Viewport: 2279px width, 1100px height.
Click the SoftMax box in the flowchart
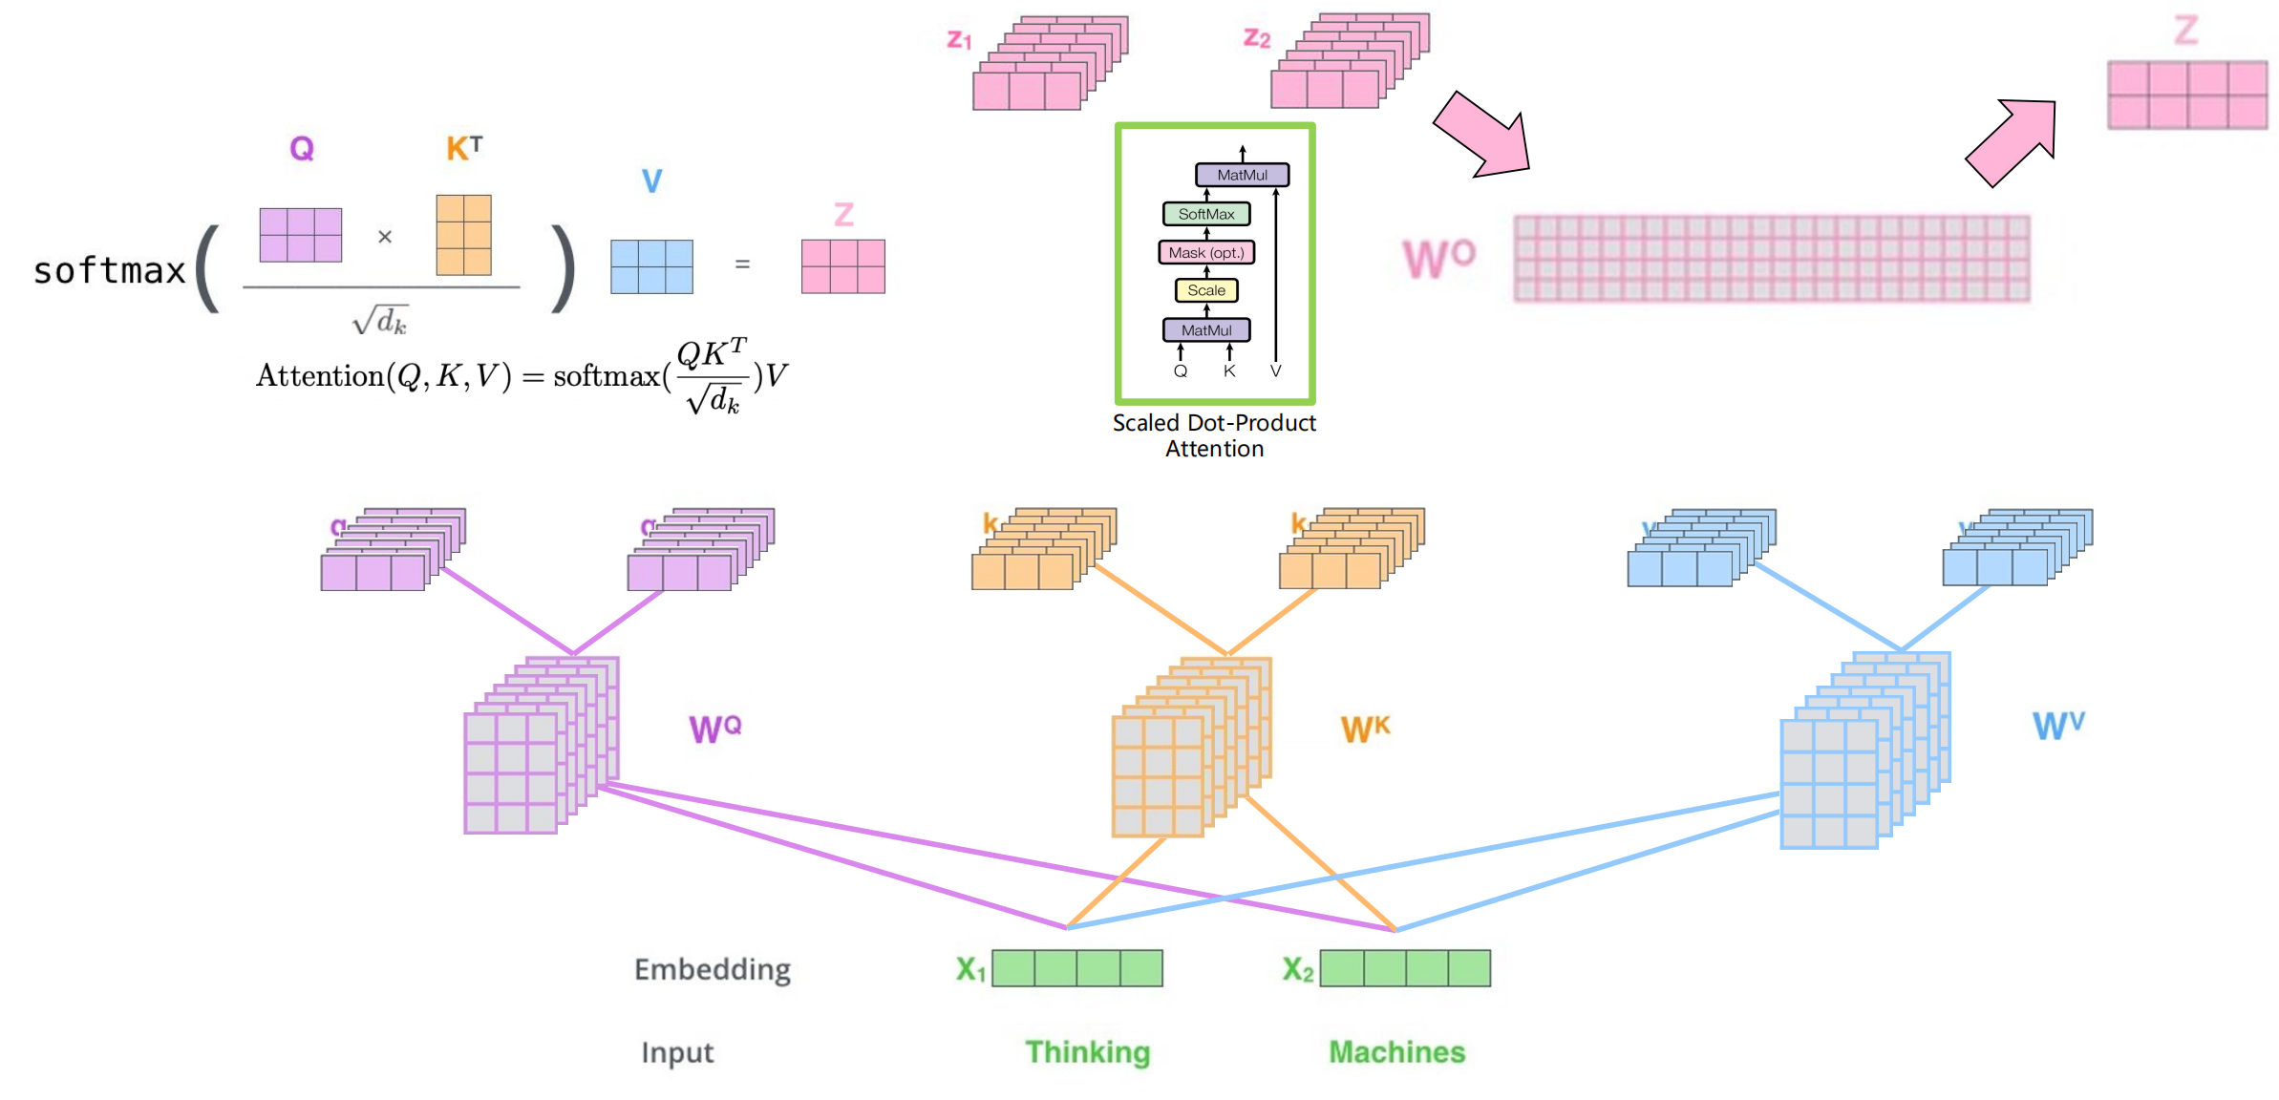pos(1205,214)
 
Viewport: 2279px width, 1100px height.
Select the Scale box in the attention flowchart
pos(1205,290)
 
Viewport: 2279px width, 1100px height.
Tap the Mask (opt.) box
pos(1205,253)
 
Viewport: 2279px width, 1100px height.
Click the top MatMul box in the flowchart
pos(1242,175)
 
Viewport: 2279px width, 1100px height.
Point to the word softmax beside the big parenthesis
pos(109,271)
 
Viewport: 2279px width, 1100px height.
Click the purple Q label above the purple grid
pos(302,149)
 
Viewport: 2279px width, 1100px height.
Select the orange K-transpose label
pos(464,148)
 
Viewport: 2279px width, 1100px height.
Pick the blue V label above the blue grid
pos(651,181)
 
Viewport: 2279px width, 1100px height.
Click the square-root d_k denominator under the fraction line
pos(379,320)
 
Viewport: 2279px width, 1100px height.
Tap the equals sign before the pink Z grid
pos(742,264)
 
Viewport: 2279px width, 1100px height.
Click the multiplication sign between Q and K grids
pos(385,237)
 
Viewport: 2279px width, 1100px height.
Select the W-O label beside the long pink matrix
pos(1438,258)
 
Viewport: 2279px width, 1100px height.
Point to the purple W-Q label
pos(714,730)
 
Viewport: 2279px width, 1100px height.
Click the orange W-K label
pos(1365,730)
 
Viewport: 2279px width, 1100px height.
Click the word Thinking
pos(1087,1052)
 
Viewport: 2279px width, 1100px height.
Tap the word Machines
pos(1396,1052)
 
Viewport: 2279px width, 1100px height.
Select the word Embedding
pos(713,970)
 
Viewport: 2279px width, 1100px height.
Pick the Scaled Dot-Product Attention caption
pos(1214,435)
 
